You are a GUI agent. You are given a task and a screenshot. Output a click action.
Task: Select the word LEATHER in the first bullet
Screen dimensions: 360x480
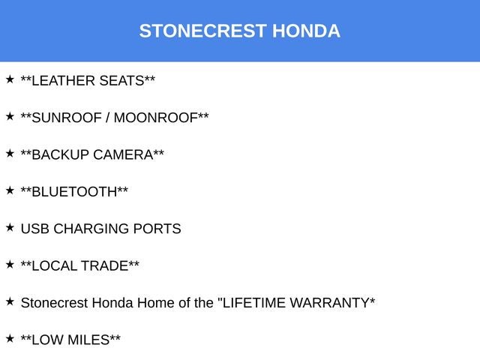[63, 81]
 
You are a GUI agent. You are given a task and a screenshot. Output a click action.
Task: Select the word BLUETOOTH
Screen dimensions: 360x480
[75, 191]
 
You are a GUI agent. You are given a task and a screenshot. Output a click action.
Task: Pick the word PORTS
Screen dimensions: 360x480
[157, 229]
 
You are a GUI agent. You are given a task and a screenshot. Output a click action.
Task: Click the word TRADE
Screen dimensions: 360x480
[105, 265]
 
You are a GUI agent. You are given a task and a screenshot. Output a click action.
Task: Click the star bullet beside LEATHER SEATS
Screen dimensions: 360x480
[10, 79]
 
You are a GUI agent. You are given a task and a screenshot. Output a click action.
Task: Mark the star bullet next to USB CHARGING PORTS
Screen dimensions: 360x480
[10, 227]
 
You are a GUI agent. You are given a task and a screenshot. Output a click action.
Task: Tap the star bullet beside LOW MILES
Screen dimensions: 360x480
[10, 338]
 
